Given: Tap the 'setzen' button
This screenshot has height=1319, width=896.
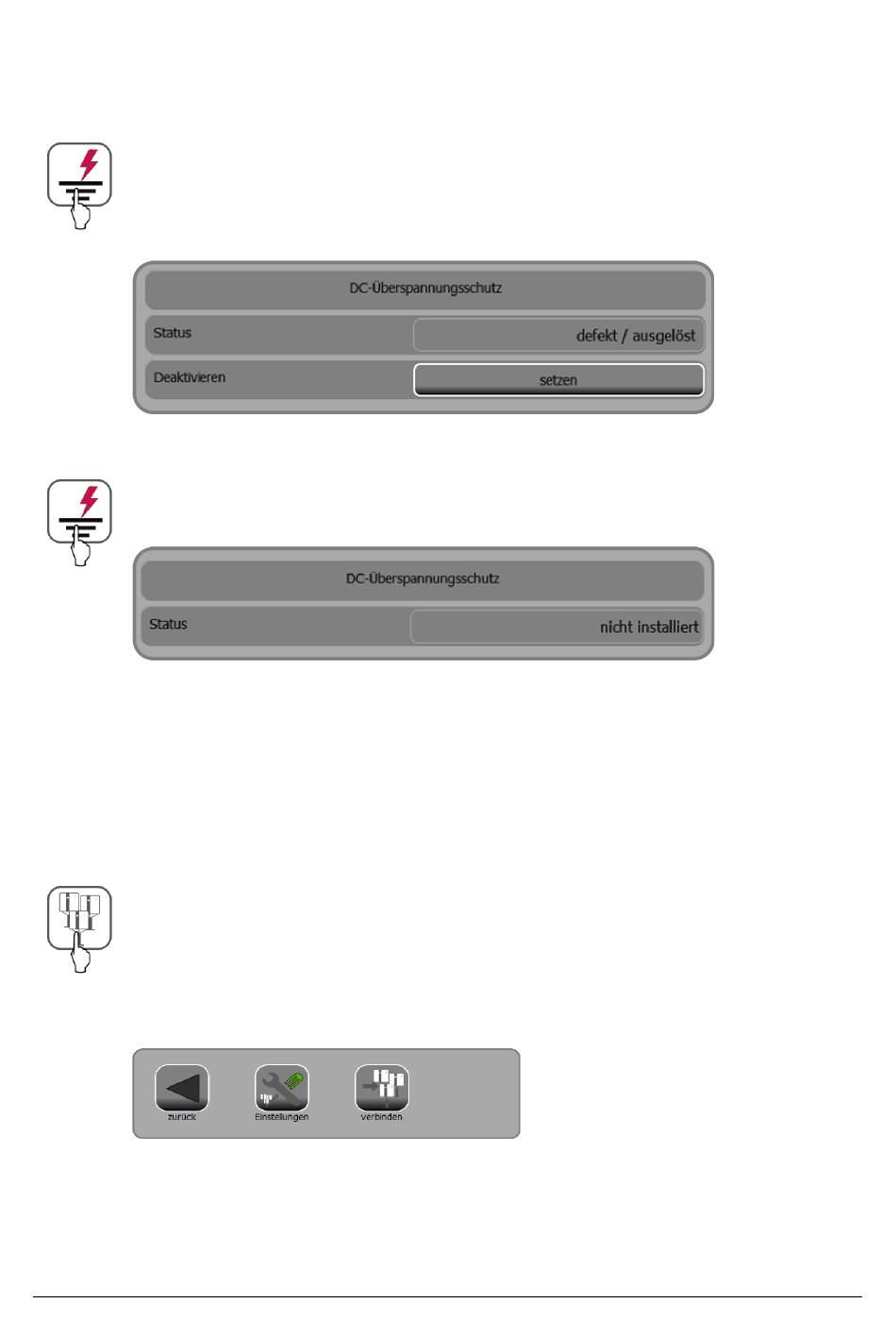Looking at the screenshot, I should coord(558,380).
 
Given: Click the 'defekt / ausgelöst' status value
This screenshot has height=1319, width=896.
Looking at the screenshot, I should coord(636,335).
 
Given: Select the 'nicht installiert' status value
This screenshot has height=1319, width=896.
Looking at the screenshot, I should coord(649,626).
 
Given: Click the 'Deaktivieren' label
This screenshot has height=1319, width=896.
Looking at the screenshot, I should coord(190,377).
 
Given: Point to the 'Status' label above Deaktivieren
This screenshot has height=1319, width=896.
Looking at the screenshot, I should coord(173,333).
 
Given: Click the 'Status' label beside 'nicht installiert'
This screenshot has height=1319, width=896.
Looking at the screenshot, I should coord(169,625).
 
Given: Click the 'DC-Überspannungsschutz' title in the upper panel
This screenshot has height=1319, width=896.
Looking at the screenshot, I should coord(425,289).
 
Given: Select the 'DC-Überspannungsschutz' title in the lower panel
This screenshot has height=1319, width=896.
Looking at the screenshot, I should coord(423,579).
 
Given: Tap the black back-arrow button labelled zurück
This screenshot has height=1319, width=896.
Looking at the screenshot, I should coord(182,1088).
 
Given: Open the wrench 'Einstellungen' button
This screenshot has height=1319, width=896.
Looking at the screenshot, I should coord(282,1088).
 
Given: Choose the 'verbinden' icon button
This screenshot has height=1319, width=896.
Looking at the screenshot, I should coord(382,1088).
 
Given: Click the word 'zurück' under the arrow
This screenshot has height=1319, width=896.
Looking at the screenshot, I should coord(182,1117).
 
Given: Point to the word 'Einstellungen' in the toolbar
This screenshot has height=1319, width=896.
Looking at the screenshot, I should coord(282,1117).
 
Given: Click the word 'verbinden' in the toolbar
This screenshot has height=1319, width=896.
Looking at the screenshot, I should coord(382,1117).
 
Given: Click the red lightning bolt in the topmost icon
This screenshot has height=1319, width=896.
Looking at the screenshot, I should coord(89,162).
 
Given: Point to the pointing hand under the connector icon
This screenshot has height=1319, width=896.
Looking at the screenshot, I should coord(81,955).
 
